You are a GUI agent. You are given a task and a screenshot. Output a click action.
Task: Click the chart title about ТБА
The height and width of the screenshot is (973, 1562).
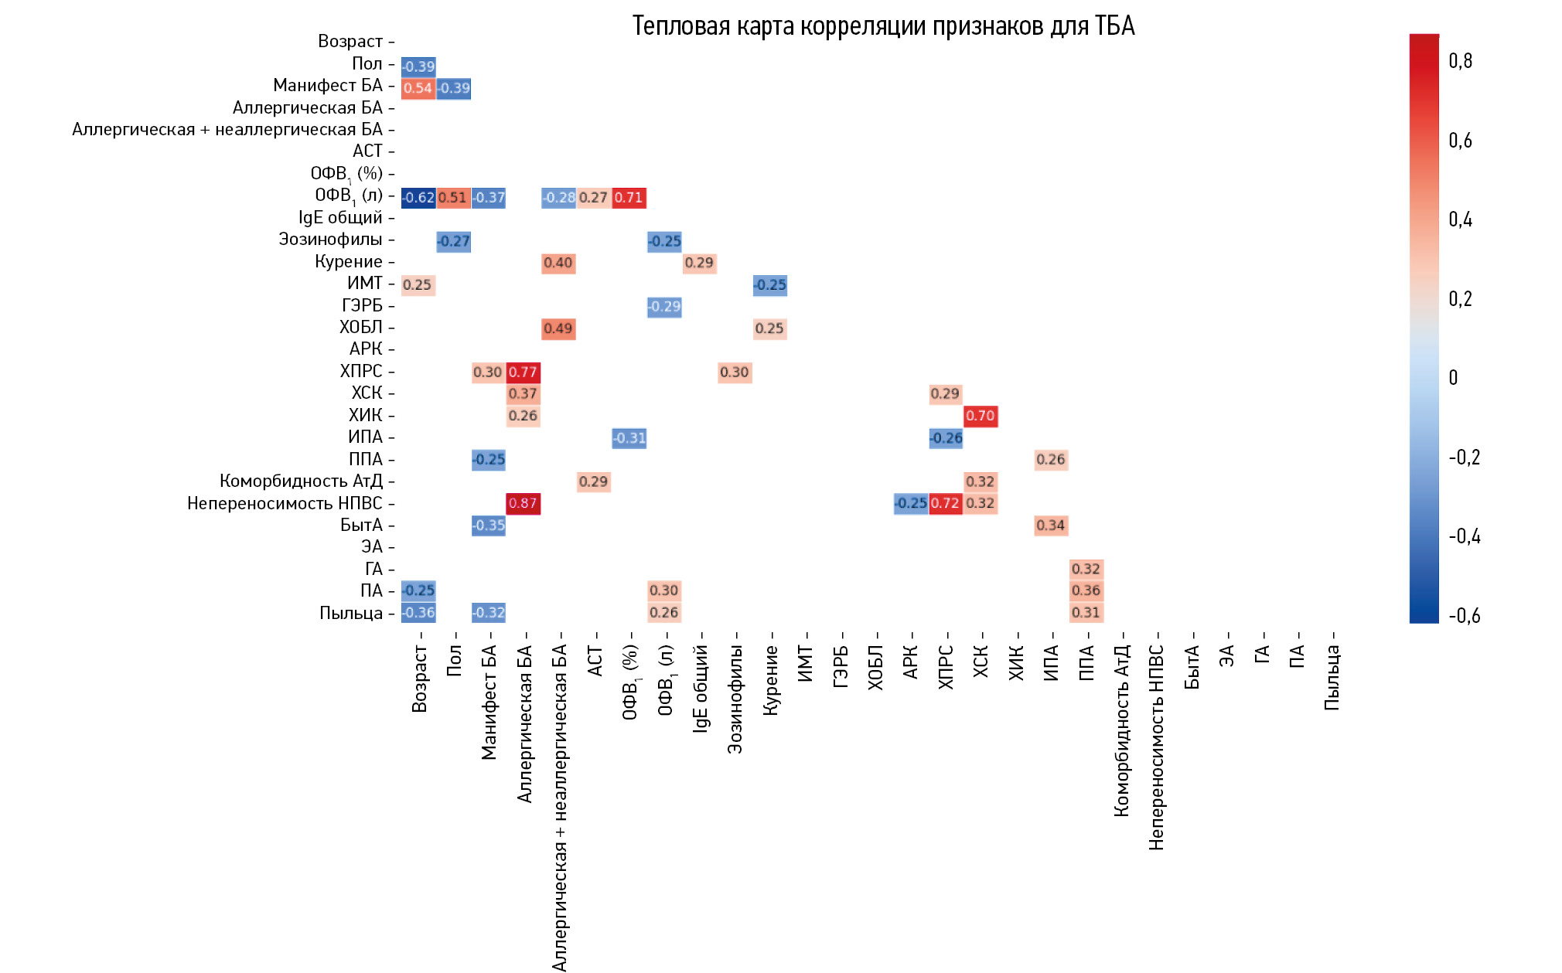point(883,26)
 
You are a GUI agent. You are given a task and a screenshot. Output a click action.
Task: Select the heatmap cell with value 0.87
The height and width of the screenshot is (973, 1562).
point(523,503)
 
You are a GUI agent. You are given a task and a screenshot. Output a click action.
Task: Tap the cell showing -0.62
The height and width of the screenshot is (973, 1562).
point(418,197)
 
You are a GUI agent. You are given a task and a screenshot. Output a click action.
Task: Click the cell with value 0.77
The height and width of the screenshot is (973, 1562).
point(523,372)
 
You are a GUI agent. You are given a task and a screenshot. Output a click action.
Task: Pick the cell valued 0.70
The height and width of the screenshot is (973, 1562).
point(980,416)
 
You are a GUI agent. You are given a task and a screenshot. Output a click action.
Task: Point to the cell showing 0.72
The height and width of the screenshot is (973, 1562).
point(945,503)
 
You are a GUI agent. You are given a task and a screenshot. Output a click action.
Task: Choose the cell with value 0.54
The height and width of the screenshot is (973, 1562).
point(418,88)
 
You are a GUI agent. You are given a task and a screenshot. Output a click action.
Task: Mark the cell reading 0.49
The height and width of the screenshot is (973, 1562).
point(558,328)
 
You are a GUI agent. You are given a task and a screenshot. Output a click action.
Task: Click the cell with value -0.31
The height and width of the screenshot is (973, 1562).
point(629,438)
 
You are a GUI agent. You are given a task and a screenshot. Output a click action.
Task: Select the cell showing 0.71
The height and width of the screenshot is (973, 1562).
point(629,197)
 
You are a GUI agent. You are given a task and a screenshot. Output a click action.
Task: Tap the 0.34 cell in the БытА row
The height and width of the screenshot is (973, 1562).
point(1050,526)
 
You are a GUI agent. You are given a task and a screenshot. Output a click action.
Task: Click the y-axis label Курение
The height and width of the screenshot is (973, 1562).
point(348,262)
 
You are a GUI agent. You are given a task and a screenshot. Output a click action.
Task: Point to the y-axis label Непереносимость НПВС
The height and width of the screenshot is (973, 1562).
point(285,504)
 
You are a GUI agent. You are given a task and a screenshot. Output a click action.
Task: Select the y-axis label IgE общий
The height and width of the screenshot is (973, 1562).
point(340,218)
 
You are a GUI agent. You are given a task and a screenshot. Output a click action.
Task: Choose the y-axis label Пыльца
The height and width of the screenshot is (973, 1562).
point(351,614)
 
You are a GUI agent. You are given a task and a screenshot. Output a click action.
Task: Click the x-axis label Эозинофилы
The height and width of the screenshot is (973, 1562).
point(735,699)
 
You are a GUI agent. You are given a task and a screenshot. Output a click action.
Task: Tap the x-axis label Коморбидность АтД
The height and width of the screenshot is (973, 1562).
point(1121,730)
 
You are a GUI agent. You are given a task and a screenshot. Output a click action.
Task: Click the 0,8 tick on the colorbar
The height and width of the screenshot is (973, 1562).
point(1460,61)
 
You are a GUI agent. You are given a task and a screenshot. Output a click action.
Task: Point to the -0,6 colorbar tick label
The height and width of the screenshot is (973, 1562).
point(1464,616)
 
